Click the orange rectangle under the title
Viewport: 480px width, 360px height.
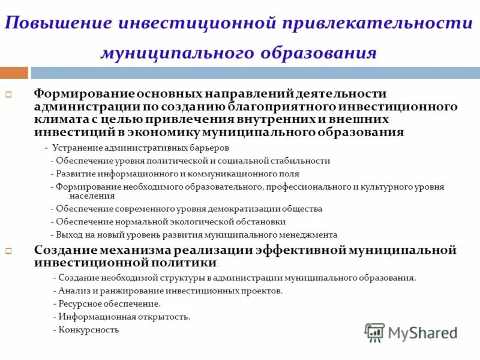click(14, 73)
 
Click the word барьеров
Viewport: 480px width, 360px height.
click(211, 147)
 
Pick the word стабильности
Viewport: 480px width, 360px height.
click(302, 160)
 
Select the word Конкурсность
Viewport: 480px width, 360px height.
click(89, 329)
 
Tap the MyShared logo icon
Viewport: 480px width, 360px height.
click(375, 332)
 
